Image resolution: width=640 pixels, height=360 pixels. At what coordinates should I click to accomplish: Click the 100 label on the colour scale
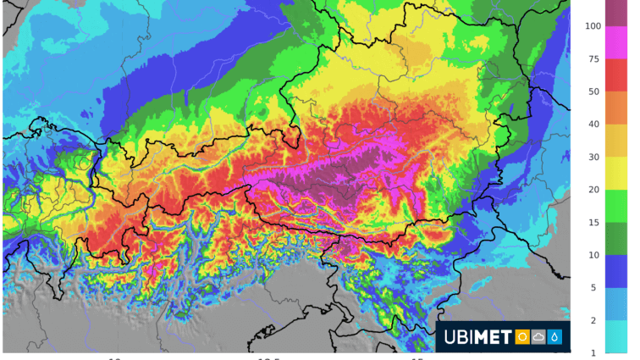pos(593,26)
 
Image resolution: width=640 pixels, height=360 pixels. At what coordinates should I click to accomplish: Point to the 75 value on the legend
pos(594,59)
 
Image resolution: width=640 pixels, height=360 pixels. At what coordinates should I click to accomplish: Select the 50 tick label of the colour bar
pos(594,91)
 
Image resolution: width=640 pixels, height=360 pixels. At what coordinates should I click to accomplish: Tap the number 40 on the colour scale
pos(594,125)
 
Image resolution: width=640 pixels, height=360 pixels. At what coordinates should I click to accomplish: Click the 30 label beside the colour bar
pos(594,157)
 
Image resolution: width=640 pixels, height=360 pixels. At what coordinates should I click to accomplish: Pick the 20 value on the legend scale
pos(594,190)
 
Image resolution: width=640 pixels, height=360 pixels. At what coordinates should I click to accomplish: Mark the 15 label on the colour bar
pos(594,222)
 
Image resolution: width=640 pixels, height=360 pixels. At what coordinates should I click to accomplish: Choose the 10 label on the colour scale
pos(594,255)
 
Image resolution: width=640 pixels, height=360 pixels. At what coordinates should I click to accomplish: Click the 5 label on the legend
pos(594,288)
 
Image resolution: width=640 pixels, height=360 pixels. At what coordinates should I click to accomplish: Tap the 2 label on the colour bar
pos(594,320)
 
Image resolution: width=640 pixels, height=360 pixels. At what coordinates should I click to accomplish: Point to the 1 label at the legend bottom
pos(594,352)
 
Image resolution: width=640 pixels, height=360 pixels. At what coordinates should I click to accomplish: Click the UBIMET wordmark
pos(478,337)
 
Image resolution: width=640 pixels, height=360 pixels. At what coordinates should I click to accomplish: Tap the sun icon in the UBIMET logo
pos(522,337)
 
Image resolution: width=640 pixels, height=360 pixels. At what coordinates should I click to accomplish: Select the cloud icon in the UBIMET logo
pos(538,337)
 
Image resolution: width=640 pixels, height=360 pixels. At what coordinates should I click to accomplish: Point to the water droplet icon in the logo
pos(555,337)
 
